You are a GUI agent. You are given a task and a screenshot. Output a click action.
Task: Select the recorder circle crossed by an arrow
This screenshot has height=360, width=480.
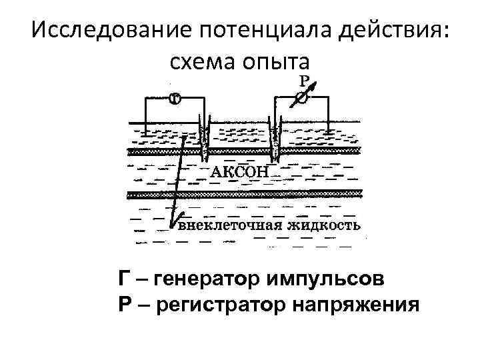click(x=301, y=98)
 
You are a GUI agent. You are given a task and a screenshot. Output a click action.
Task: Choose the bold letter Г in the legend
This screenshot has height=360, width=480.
click(x=124, y=278)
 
